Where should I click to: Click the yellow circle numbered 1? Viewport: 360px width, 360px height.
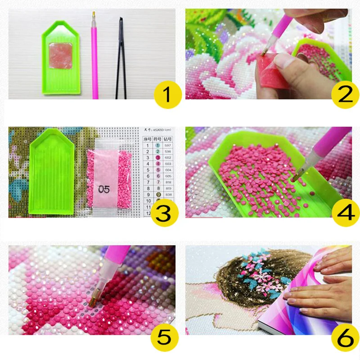pyautogui.click(x=167, y=95)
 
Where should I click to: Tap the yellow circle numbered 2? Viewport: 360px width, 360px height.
pyautogui.click(x=343, y=95)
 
